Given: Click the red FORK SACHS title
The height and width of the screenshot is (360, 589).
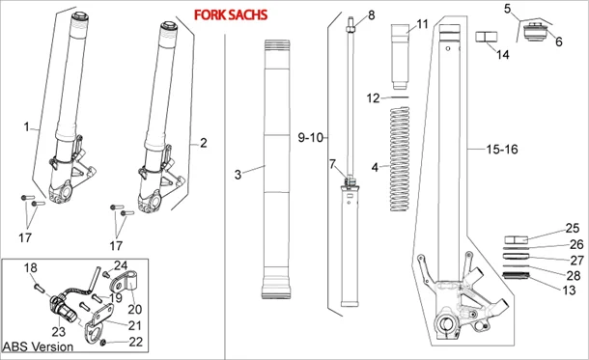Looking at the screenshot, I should click(231, 16).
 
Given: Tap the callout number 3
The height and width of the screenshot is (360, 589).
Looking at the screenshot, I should click(238, 174).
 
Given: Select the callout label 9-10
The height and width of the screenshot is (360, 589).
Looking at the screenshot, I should click(313, 138).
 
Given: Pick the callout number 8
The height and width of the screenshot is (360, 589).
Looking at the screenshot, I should click(370, 16).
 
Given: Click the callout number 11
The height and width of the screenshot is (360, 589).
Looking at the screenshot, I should click(421, 23).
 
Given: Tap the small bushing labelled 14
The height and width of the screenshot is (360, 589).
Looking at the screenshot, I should click(485, 40).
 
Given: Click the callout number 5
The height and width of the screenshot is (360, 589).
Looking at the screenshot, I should click(508, 9).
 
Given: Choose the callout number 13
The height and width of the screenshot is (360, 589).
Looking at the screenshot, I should click(570, 291).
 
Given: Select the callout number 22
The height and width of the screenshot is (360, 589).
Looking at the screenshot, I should click(134, 342).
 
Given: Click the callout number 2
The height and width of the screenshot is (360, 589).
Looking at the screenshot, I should click(203, 143).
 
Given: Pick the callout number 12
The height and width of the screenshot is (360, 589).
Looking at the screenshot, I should click(374, 98).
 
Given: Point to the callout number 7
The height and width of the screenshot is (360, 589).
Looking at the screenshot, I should click(332, 163).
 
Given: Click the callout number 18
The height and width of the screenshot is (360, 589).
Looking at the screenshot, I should click(29, 267).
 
